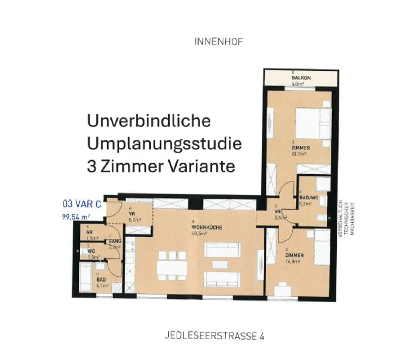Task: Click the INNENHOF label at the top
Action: [218, 42]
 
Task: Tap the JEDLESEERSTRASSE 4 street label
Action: [214, 336]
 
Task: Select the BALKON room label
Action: [301, 78]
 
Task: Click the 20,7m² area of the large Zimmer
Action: [298, 154]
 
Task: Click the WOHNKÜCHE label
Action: [207, 227]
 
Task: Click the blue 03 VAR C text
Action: [82, 204]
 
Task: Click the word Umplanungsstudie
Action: [164, 143]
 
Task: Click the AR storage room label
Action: [89, 232]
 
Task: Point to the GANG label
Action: [115, 241]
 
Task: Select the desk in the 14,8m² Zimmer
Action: [283, 291]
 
